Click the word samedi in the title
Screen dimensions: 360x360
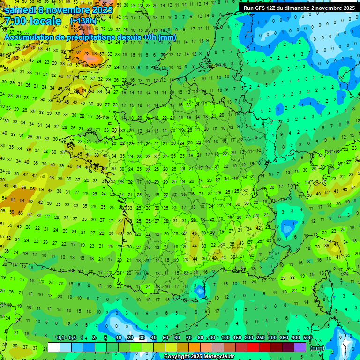tap(20, 10)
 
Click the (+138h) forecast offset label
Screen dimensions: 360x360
tap(83, 21)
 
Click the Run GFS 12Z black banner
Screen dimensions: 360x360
tap(299, 8)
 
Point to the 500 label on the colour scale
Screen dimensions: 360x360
tap(307, 337)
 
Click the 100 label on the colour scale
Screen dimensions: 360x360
tap(225, 337)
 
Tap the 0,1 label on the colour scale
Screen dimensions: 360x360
tap(60, 337)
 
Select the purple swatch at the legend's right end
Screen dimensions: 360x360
tap(300, 347)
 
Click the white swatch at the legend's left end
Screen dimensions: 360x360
tap(54, 347)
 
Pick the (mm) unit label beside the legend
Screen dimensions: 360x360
tap(317, 348)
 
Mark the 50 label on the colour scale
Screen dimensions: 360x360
tap(165, 337)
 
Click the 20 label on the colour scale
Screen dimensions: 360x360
tap(130, 337)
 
